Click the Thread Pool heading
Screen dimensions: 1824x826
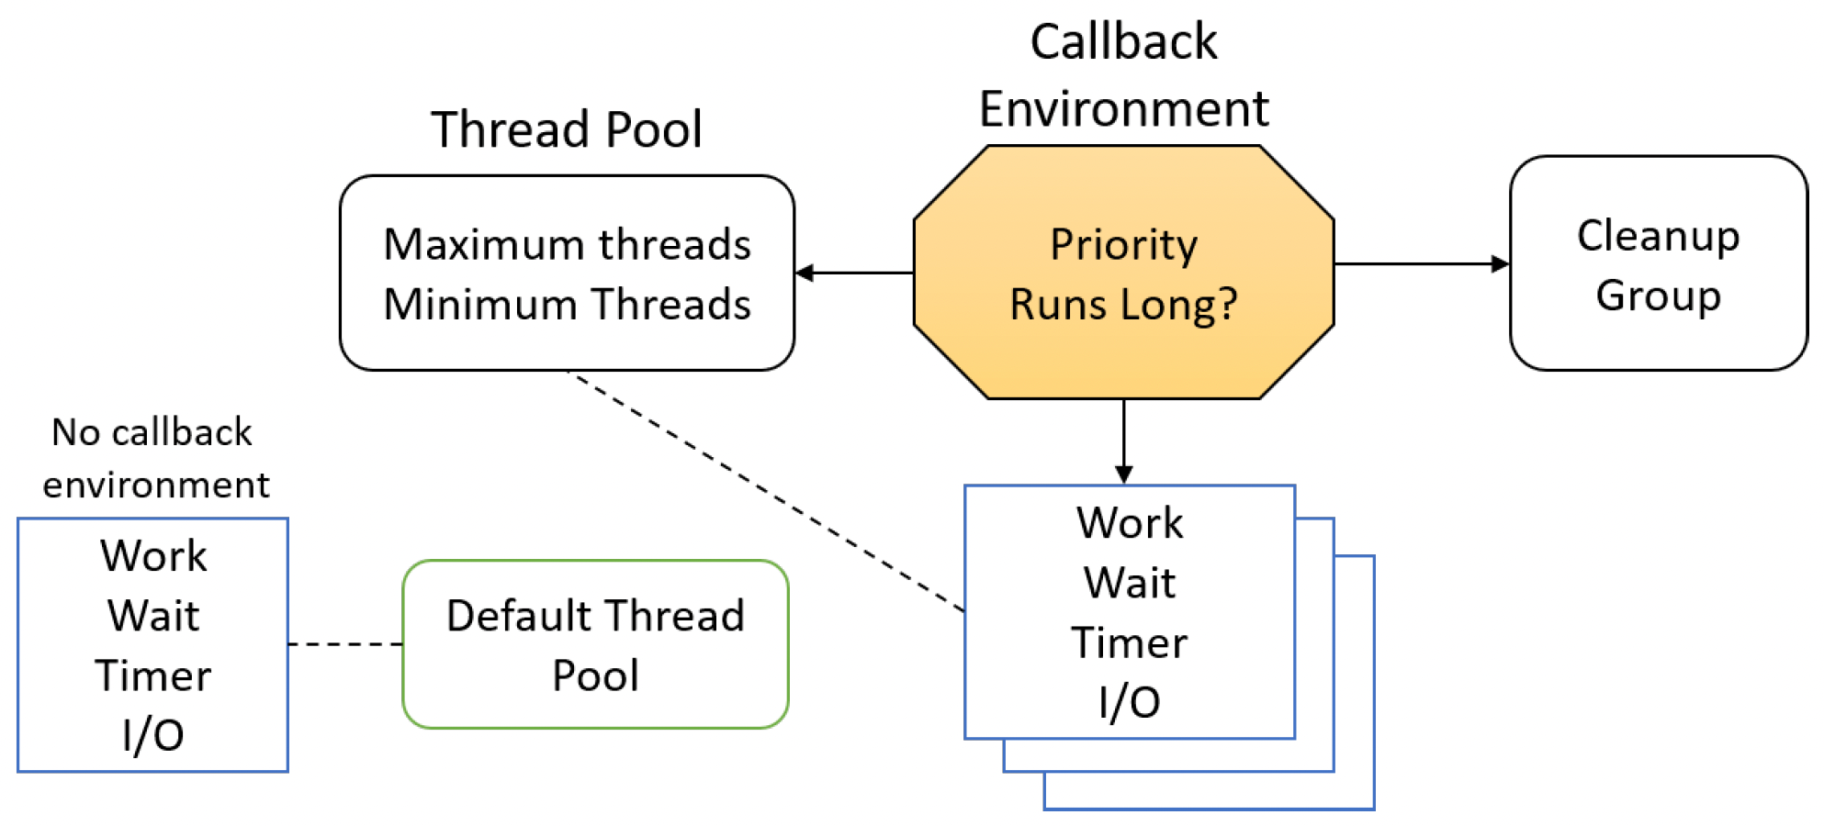pyautogui.click(x=567, y=128)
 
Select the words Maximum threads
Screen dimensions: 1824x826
pyautogui.click(x=567, y=244)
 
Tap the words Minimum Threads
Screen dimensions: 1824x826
pyautogui.click(x=567, y=304)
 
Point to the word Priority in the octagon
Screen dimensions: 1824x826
pyautogui.click(x=1123, y=246)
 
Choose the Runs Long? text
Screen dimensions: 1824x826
pyautogui.click(x=1123, y=304)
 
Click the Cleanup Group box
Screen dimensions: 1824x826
pyautogui.click(x=1658, y=263)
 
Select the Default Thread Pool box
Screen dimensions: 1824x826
pyautogui.click(x=595, y=644)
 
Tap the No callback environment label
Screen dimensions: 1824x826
pyautogui.click(x=155, y=458)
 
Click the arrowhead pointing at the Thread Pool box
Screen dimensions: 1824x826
pyautogui.click(x=805, y=273)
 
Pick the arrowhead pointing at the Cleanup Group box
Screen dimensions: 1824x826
pyautogui.click(x=1500, y=264)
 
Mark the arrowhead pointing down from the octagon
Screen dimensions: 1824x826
pyautogui.click(x=1123, y=474)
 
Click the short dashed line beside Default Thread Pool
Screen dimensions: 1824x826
pyautogui.click(x=345, y=644)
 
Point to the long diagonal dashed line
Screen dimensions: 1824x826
pyautogui.click(x=766, y=491)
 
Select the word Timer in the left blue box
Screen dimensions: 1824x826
pyautogui.click(x=152, y=676)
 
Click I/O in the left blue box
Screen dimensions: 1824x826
pyautogui.click(x=152, y=735)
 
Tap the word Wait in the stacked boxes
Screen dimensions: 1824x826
pyautogui.click(x=1129, y=583)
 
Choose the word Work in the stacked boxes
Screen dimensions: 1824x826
pyautogui.click(x=1129, y=523)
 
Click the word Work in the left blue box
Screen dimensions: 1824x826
pyautogui.click(x=152, y=556)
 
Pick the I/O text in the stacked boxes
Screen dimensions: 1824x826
pyautogui.click(x=1129, y=702)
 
